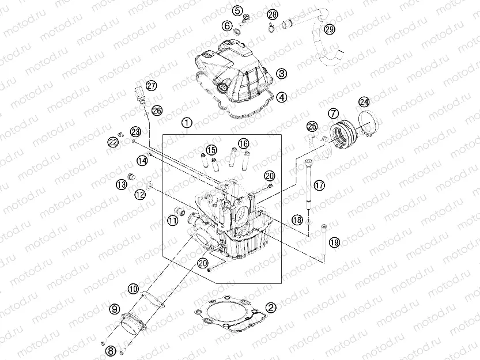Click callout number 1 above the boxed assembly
coord(186,123)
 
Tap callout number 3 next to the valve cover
coord(281,74)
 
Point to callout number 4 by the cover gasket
coord(281,97)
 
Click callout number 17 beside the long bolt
coord(319,185)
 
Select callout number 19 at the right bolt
coord(335,241)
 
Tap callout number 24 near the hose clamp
coord(364,102)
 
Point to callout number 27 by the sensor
coord(151,86)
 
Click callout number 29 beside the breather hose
coord(329,29)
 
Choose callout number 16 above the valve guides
coord(243,143)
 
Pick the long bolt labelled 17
coord(311,181)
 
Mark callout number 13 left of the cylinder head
coord(121,184)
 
